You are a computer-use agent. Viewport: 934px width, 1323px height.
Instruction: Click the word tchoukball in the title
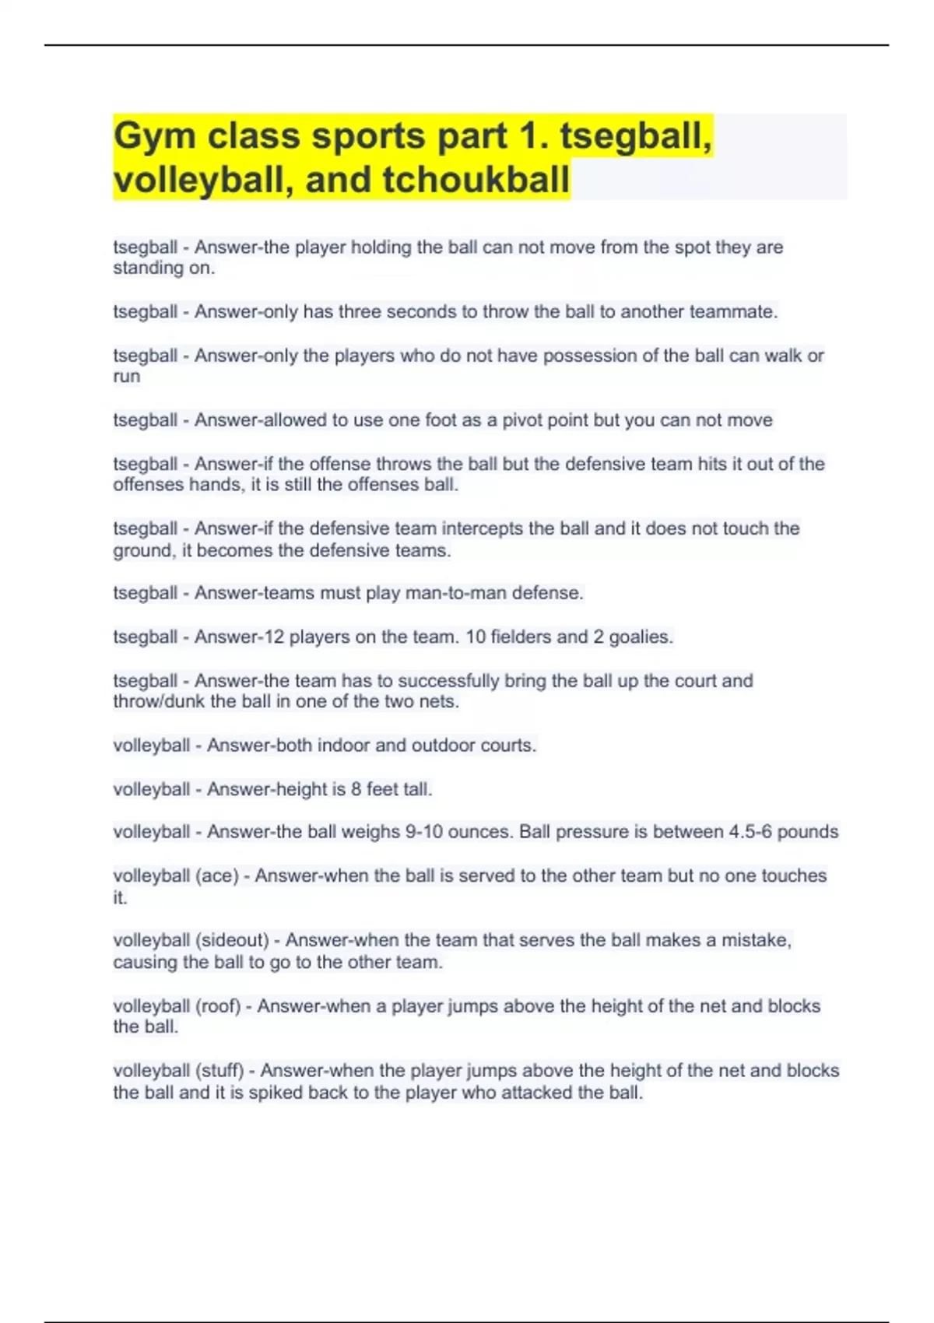pyautogui.click(x=476, y=179)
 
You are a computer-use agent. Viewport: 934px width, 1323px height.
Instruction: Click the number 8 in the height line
pyautogui.click(x=356, y=789)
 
